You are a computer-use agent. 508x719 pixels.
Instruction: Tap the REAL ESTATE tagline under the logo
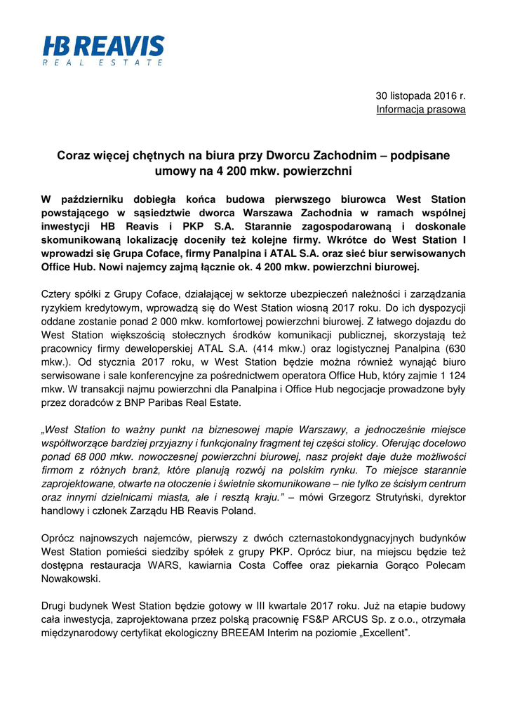point(103,63)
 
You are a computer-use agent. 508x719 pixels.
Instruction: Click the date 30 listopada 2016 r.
point(421,95)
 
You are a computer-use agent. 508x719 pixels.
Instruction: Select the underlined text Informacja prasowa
point(421,110)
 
